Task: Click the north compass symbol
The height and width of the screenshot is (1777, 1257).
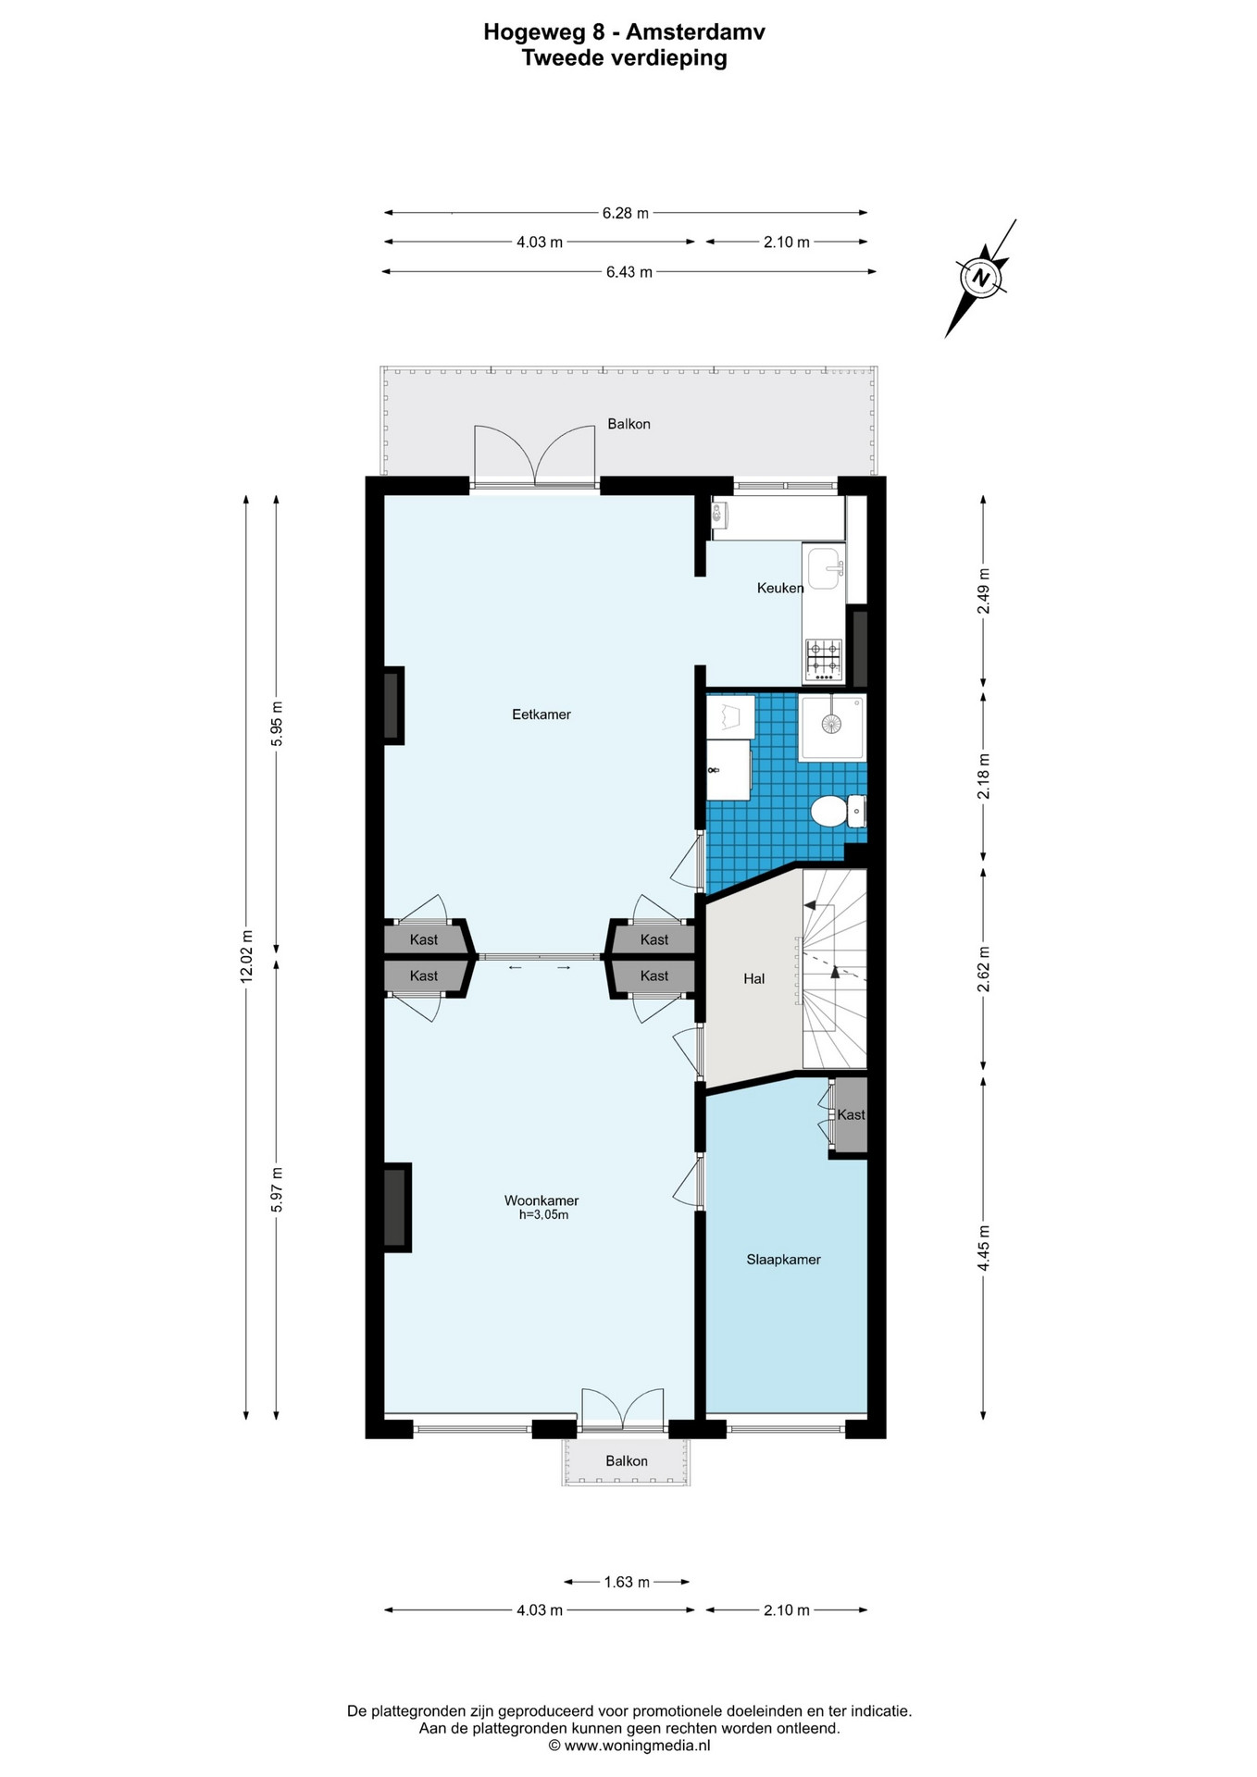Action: click(x=982, y=277)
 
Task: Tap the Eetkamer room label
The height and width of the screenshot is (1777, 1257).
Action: click(x=541, y=715)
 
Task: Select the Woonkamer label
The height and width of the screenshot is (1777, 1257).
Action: click(x=541, y=1200)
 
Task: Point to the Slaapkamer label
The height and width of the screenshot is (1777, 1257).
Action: click(x=784, y=1260)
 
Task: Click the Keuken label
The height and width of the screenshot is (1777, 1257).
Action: click(x=780, y=588)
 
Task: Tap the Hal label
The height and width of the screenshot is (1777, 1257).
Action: click(x=754, y=978)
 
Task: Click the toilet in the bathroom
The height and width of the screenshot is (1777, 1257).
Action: click(x=839, y=812)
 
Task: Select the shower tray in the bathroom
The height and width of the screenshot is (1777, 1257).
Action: click(x=833, y=727)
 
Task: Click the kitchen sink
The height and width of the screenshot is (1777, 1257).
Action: click(x=824, y=568)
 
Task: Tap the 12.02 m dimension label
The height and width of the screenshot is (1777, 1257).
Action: click(x=246, y=957)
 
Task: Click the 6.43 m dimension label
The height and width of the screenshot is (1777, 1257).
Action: click(x=629, y=272)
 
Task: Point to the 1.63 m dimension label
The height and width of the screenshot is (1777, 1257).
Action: click(x=627, y=1582)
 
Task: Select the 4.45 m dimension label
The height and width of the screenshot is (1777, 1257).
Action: click(x=983, y=1248)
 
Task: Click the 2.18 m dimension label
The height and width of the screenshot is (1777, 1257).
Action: click(x=983, y=777)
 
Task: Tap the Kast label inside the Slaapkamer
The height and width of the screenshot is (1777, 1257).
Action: click(x=851, y=1115)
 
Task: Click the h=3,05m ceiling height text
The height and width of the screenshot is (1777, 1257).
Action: click(x=543, y=1215)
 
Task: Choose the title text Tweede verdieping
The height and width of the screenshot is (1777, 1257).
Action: click(x=625, y=58)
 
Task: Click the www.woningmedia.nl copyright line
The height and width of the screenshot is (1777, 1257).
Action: click(x=629, y=1746)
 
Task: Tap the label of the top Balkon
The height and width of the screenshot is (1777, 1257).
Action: click(x=628, y=424)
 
